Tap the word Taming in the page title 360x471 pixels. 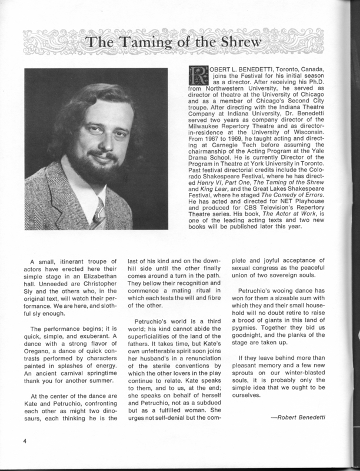(144, 44)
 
